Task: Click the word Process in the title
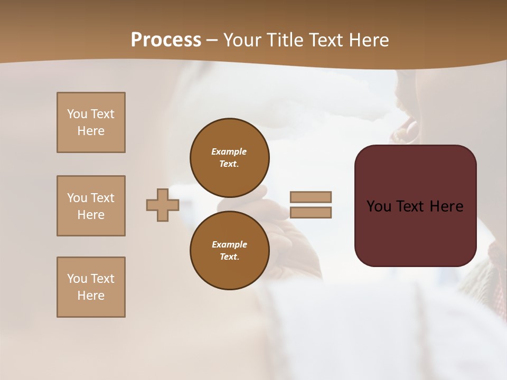point(166,40)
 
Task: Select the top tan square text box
point(91,122)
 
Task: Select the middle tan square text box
point(91,206)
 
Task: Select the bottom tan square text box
point(91,287)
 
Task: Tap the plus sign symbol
point(163,205)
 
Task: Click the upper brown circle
point(229,157)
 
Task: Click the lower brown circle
point(229,250)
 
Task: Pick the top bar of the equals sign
point(311,197)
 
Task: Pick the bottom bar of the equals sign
point(311,213)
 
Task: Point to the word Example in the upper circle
point(229,151)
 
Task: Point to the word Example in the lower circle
point(229,244)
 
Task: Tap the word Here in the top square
point(91,131)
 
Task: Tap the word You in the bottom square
point(77,279)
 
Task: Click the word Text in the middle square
point(102,198)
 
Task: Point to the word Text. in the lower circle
point(229,257)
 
